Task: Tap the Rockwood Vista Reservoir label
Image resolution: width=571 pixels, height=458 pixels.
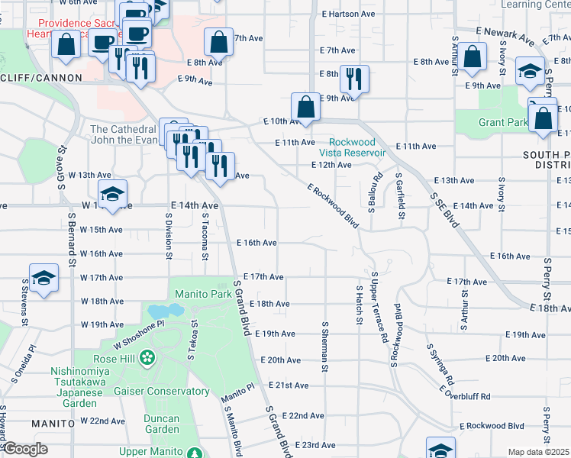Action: click(357, 147)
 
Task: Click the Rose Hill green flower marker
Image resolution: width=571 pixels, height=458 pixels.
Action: click(147, 356)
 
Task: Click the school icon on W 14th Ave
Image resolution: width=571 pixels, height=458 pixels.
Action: click(112, 194)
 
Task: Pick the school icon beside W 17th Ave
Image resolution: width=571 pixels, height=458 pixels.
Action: click(44, 279)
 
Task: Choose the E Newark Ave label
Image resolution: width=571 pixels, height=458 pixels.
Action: click(505, 35)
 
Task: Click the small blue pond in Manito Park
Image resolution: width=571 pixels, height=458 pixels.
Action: click(163, 311)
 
